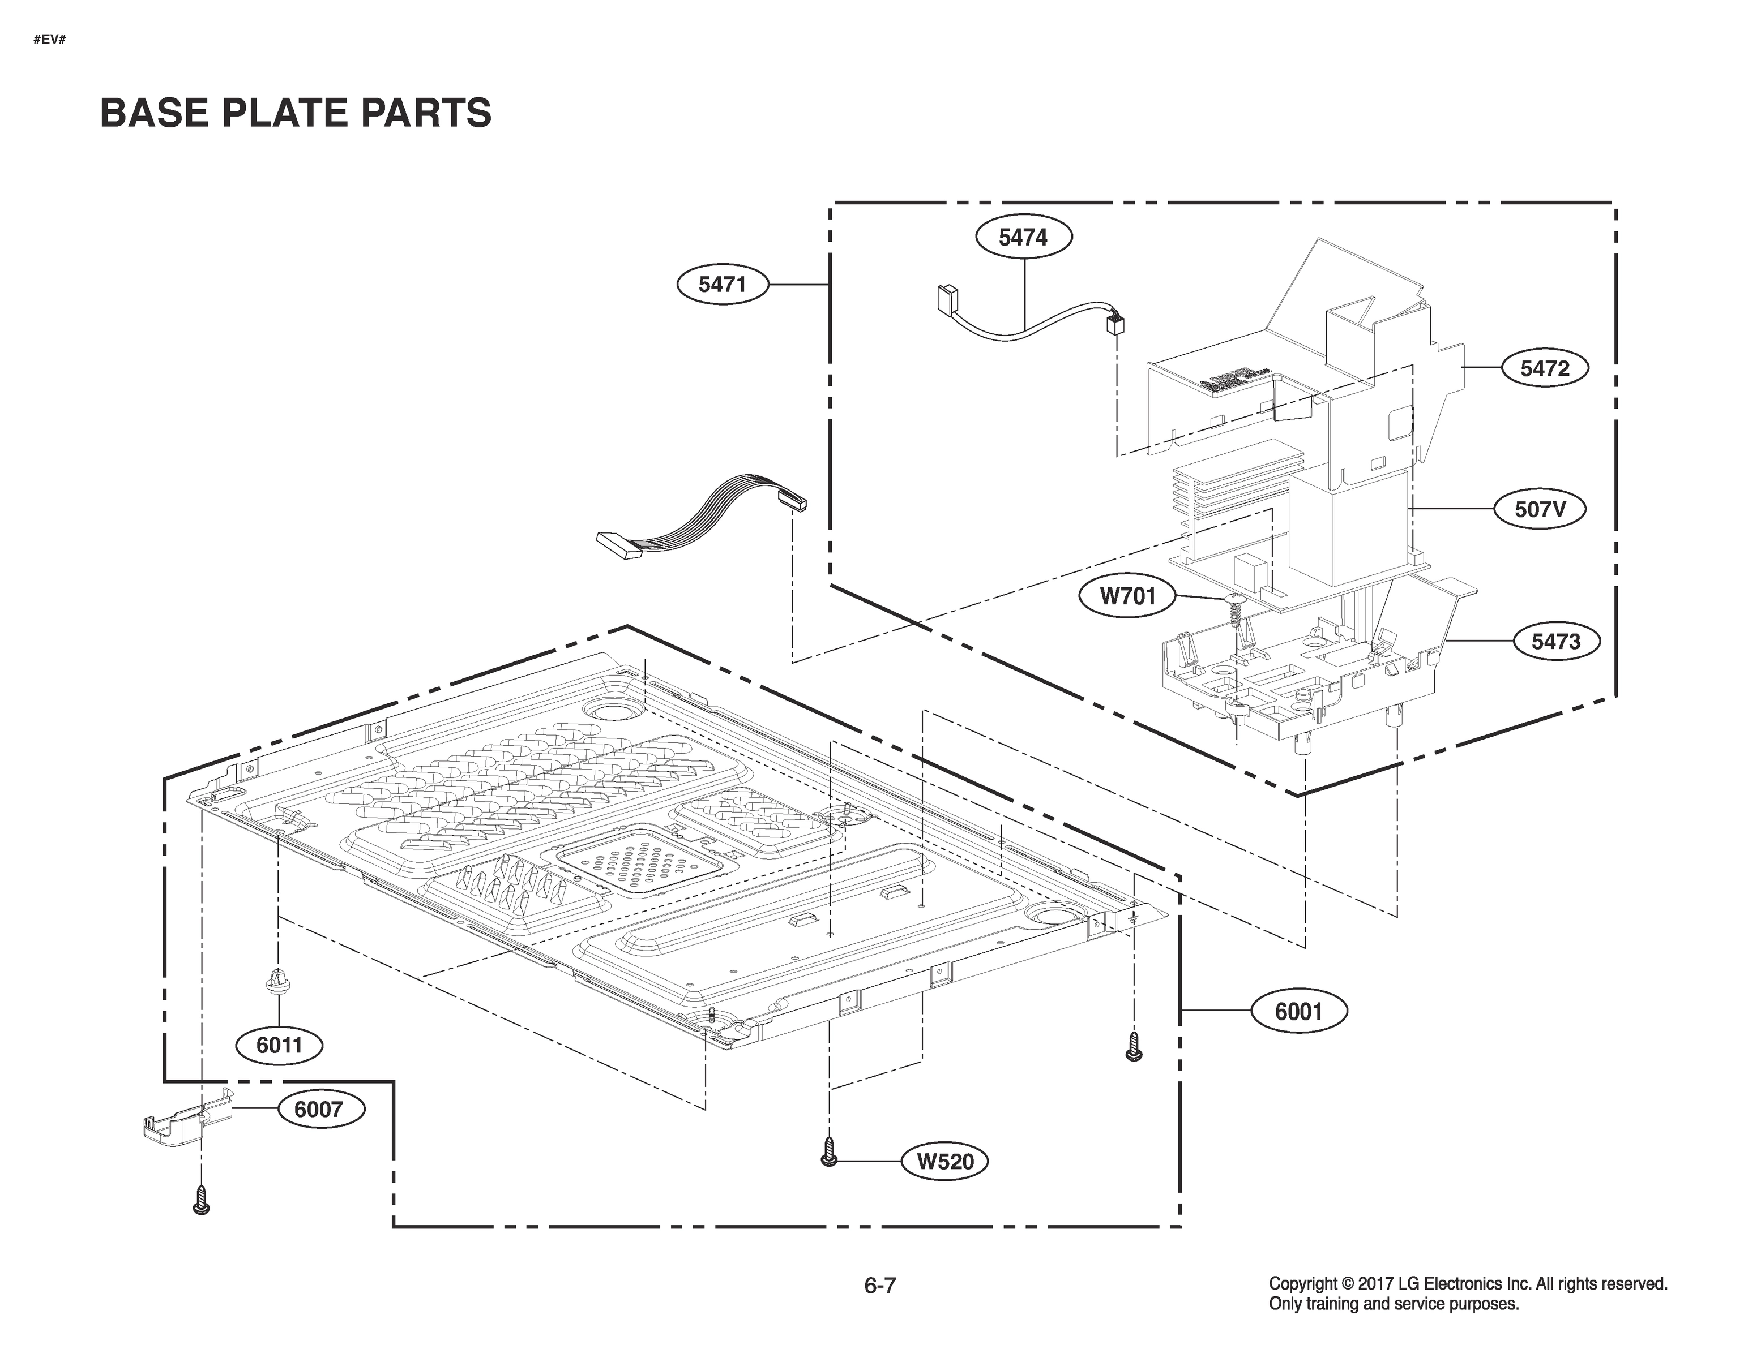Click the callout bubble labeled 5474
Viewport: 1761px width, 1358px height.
pos(1023,237)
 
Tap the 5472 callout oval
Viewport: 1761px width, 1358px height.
pos(1544,368)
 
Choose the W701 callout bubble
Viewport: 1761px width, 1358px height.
pos(1127,596)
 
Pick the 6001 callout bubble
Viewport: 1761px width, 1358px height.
pos(1298,1011)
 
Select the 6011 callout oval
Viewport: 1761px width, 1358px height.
pos(279,1045)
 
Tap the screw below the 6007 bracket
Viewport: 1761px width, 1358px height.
pos(202,1200)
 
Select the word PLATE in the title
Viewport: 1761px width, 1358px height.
pos(287,113)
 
